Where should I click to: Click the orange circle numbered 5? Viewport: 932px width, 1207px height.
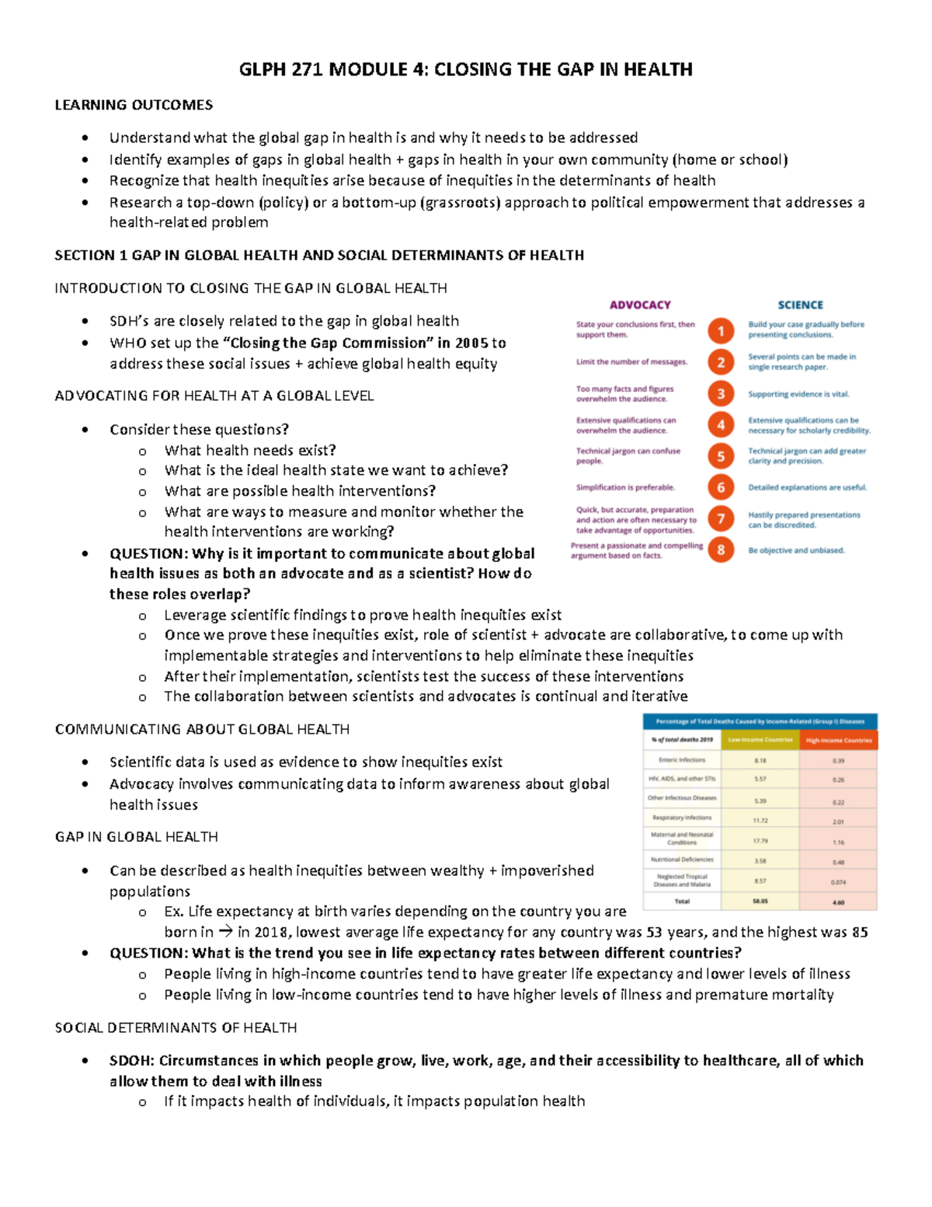(721, 456)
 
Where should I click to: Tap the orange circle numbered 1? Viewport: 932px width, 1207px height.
(721, 331)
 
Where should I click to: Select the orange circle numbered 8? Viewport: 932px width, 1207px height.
(721, 550)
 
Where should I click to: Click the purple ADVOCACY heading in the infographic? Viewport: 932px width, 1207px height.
(640, 305)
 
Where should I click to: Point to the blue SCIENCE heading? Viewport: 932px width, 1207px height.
(800, 305)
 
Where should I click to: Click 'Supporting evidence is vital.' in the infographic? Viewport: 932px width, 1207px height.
(798, 394)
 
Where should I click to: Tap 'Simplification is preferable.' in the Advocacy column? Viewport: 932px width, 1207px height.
(625, 487)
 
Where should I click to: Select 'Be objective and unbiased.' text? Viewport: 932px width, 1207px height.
(796, 550)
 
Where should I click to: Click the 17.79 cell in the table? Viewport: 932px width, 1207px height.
(760, 841)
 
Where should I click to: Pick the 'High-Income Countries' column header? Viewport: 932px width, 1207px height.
(839, 740)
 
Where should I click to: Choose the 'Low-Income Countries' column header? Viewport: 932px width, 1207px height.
(760, 740)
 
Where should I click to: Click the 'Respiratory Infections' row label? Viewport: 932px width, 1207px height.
(682, 818)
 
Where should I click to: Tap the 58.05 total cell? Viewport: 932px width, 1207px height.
(760, 902)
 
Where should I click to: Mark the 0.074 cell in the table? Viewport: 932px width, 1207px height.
(839, 882)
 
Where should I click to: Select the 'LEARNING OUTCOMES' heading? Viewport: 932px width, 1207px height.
(134, 105)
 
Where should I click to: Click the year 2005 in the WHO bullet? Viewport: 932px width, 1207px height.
(471, 343)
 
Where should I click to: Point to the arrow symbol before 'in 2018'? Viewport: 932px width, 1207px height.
(225, 932)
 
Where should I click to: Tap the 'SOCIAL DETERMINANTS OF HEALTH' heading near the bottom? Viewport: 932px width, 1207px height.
(176, 1027)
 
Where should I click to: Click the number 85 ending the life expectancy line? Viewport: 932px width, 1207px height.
(859, 932)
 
